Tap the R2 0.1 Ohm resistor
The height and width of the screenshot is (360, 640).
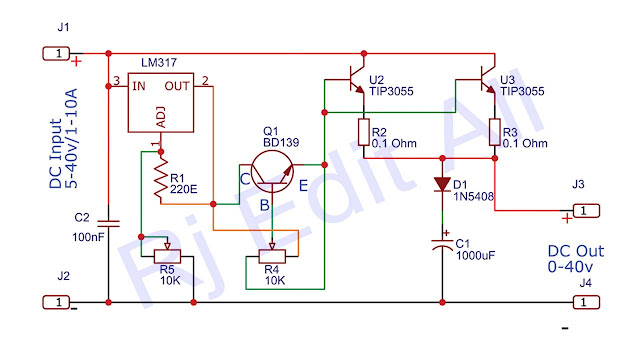click(364, 132)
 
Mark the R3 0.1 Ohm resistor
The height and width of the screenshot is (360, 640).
click(495, 132)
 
